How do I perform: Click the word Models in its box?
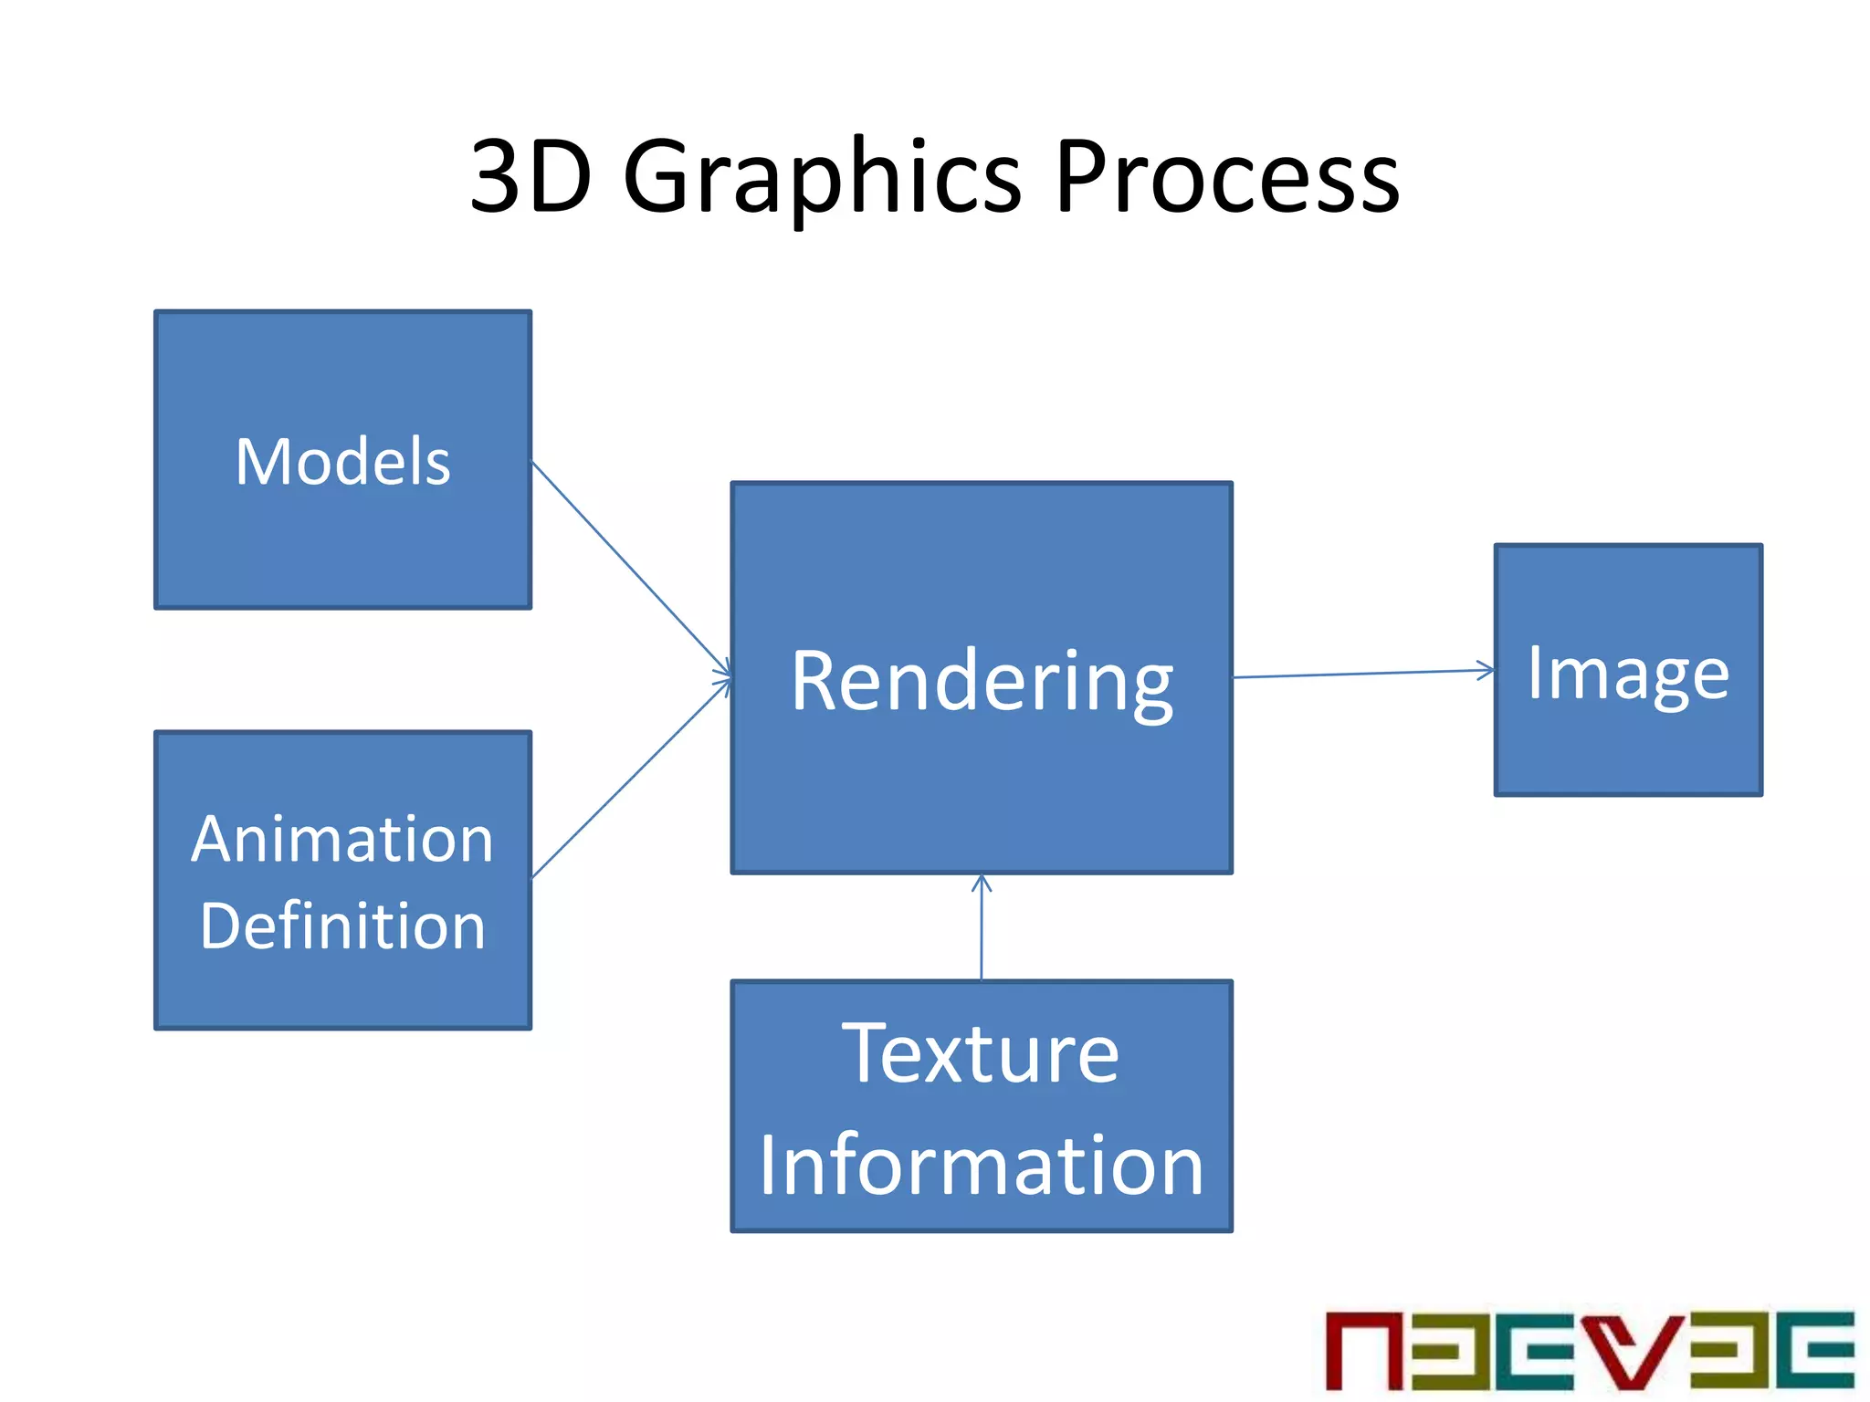pos(342,462)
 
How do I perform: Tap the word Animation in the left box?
pos(342,840)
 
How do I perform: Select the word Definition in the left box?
pos(342,926)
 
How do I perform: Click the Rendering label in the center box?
pos(982,682)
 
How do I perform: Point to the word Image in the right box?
pos(1628,675)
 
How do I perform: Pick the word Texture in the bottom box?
pos(981,1054)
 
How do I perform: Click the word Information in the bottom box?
pos(982,1166)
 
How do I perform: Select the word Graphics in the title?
pos(822,178)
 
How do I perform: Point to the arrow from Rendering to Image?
pos(1360,674)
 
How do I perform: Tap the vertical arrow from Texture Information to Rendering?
pos(982,931)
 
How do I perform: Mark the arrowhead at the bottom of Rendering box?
pos(982,882)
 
